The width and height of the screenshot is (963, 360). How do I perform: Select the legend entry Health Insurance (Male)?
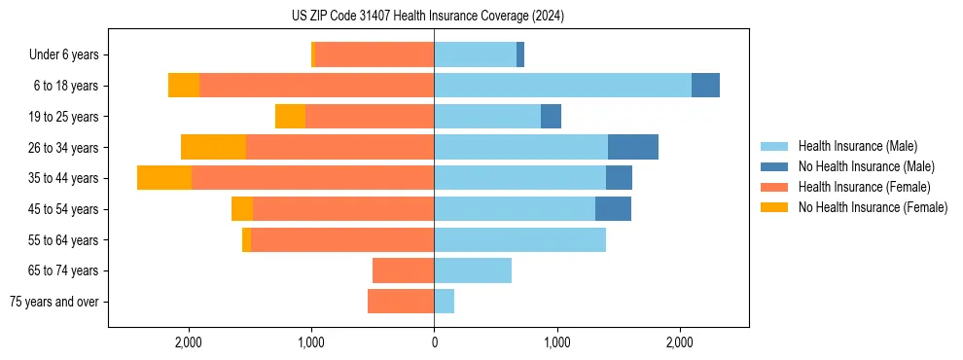pyautogui.click(x=856, y=146)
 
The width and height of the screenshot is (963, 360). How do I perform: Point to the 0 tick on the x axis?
pyautogui.click(x=434, y=342)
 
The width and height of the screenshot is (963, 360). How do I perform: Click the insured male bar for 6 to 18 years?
pyautogui.click(x=562, y=86)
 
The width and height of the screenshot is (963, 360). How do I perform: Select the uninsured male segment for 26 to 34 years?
pyautogui.click(x=633, y=147)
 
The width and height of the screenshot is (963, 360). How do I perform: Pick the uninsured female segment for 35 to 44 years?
pyautogui.click(x=164, y=178)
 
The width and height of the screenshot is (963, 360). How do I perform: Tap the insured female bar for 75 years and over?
pyautogui.click(x=401, y=302)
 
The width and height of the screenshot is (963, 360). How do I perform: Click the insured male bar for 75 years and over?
pyautogui.click(x=444, y=302)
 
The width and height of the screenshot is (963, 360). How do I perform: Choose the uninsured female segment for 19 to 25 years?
pyautogui.click(x=290, y=117)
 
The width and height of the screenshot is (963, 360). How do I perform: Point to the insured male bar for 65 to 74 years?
pyautogui.click(x=473, y=270)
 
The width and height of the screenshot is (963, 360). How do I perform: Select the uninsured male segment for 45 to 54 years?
pyautogui.click(x=613, y=209)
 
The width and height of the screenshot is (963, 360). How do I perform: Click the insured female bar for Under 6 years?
pyautogui.click(x=374, y=54)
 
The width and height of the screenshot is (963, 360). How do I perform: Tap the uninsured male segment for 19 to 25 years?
pyautogui.click(x=551, y=117)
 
